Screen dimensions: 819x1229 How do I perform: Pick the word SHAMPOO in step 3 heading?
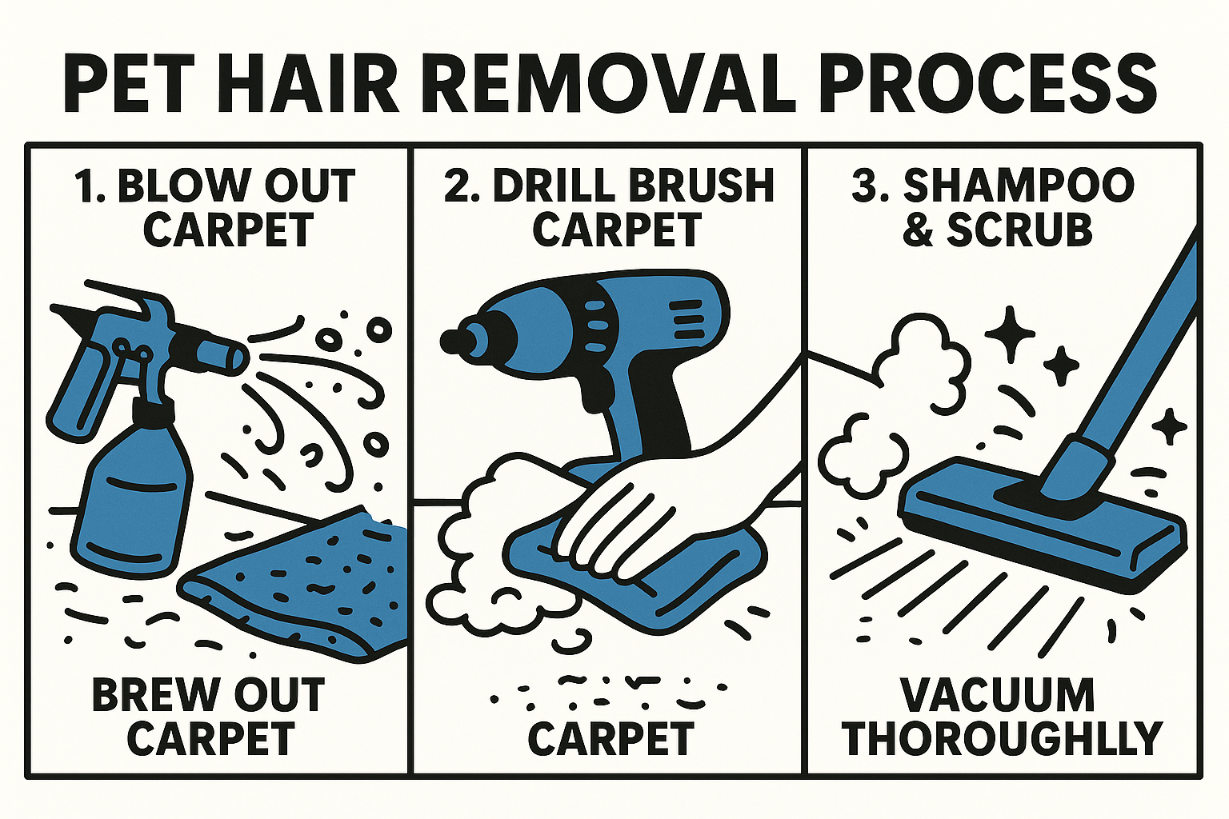coord(1019,186)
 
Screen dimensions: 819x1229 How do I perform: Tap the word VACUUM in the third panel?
coord(997,695)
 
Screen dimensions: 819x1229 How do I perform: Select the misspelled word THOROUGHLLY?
coord(1002,739)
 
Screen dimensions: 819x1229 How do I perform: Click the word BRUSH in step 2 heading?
coord(701,186)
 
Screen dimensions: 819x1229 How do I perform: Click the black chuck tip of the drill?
coord(453,340)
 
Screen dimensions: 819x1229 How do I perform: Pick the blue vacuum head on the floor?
coord(1040,520)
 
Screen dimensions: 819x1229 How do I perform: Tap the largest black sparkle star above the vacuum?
coord(1010,332)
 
